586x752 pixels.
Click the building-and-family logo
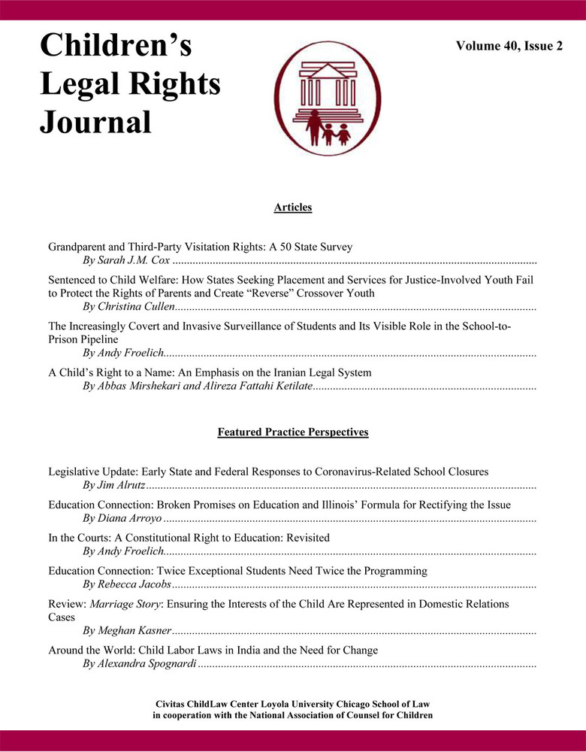pyautogui.click(x=326, y=98)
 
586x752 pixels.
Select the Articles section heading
pyautogui.click(x=293, y=207)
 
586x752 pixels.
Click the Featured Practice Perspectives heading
pyautogui.click(x=293, y=432)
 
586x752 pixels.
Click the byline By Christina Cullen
pyautogui.click(x=128, y=308)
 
